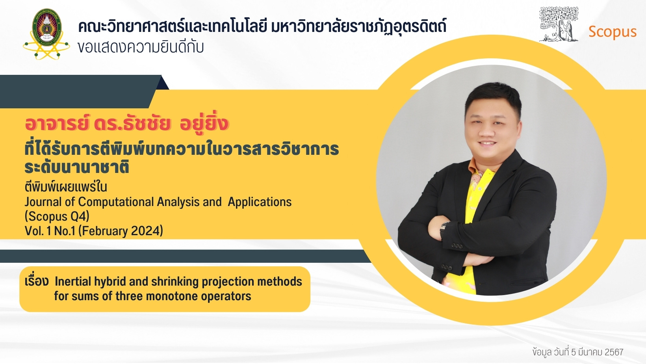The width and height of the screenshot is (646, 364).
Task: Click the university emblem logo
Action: tap(46, 34)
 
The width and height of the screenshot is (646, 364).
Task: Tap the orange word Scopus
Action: tap(612, 32)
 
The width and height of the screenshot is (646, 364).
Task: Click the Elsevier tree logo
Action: tap(559, 24)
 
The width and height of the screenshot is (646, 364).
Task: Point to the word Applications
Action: tap(260, 202)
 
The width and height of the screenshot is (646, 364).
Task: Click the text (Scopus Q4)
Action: tap(57, 216)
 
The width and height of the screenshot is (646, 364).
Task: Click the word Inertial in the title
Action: tap(72, 282)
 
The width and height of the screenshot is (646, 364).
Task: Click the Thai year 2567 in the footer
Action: tap(614, 352)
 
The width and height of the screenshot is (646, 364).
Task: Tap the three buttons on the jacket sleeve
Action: tap(457, 246)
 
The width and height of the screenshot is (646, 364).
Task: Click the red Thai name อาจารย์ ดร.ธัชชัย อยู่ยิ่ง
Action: tap(126, 124)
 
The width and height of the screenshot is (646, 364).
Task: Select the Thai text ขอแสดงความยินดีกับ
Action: tap(141, 47)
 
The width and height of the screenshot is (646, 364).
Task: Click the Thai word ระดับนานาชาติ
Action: tap(76, 167)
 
